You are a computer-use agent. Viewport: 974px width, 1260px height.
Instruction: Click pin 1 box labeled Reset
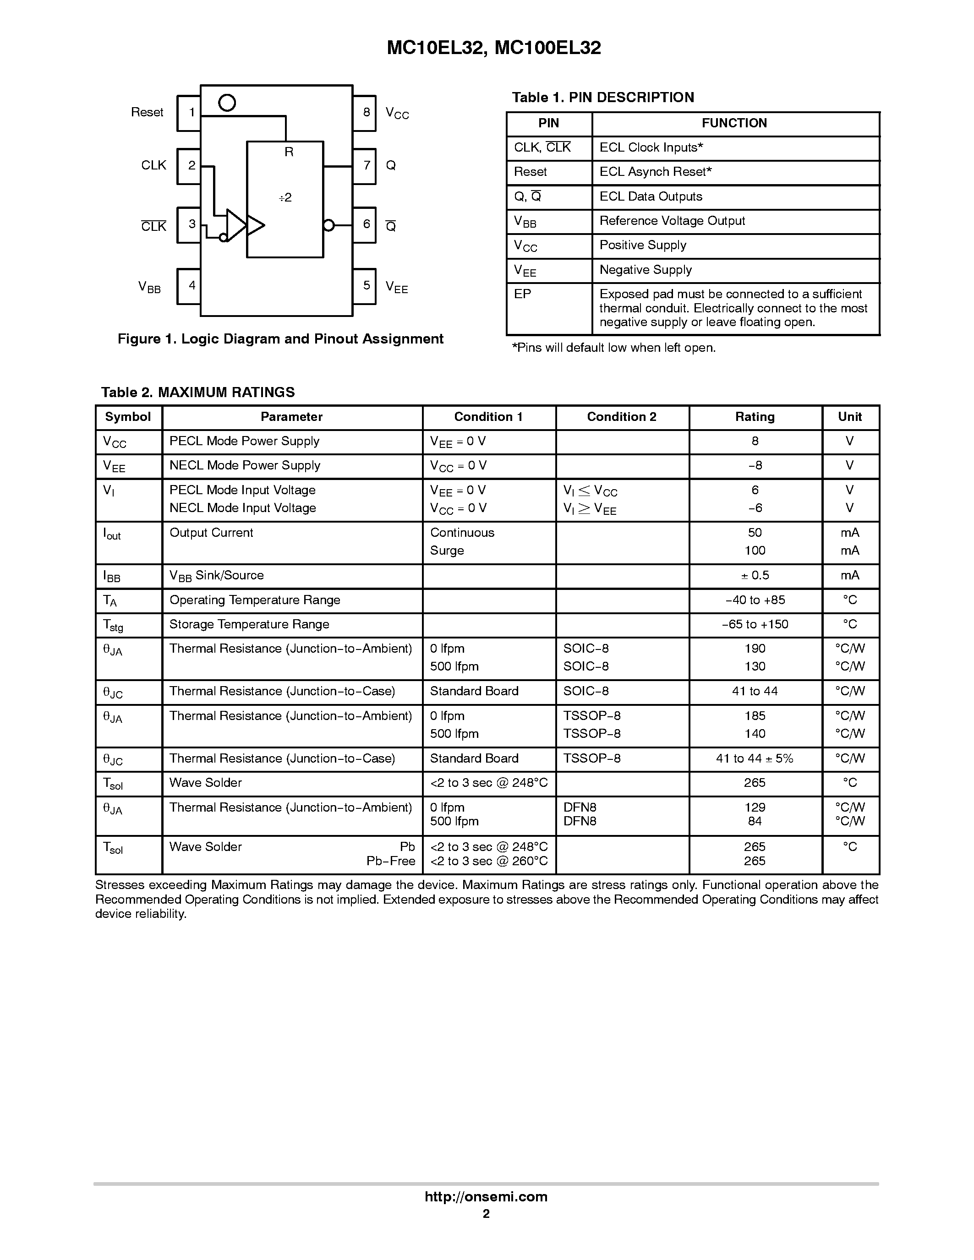(189, 113)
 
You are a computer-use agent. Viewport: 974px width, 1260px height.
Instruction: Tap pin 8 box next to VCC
(365, 113)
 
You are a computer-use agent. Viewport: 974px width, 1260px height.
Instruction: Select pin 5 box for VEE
(365, 286)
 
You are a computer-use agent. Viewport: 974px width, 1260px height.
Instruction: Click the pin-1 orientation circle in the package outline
(227, 103)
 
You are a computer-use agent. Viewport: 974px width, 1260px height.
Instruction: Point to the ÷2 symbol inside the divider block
(285, 198)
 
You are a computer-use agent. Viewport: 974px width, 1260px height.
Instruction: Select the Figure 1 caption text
(280, 339)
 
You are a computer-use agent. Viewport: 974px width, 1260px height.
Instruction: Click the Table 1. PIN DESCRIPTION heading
(603, 98)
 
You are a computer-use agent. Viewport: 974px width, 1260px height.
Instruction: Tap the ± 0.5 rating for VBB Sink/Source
(755, 576)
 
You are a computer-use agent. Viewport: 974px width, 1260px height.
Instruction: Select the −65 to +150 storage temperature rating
(755, 625)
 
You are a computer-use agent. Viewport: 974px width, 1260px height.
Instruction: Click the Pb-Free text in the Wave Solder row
(391, 862)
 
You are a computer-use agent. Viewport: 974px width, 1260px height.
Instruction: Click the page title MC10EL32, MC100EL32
(494, 48)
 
